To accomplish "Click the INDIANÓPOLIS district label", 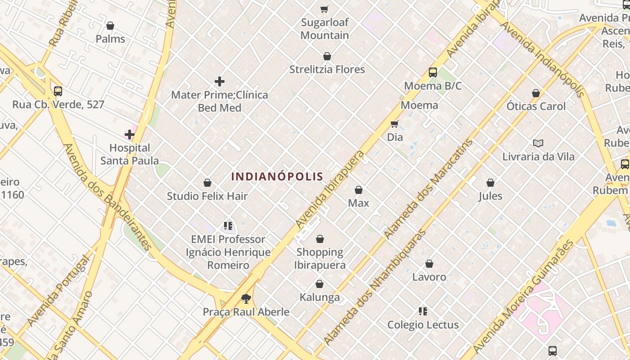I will tap(277, 176).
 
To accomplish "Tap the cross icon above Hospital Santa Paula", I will tap(130, 135).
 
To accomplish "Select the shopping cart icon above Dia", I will tap(395, 124).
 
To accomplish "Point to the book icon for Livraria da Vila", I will tap(538, 144).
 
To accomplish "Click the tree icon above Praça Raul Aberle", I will tap(246, 298).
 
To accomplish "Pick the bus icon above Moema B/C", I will tap(432, 72).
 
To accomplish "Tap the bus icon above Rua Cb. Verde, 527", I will tap(58, 91).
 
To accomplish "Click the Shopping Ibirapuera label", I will tap(320, 258).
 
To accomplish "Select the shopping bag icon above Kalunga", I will tap(319, 284).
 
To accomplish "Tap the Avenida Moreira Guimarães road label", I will tap(524, 297).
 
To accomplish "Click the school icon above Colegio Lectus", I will tap(423, 311).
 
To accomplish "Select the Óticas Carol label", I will tap(536, 107).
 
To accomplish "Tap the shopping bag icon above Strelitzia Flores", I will tap(327, 57).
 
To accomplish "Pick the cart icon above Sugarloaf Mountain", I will tap(324, 9).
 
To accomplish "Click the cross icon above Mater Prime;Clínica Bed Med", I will tap(220, 81).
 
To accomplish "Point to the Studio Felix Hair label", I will tap(207, 196).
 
